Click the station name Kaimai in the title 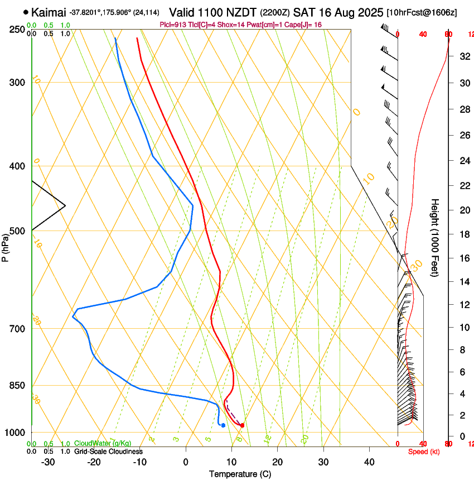(x=49, y=12)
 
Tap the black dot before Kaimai (x=26, y=12)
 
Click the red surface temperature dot (x=242, y=425)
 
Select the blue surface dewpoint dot (x=223, y=425)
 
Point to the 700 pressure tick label (x=17, y=329)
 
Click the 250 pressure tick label (x=17, y=30)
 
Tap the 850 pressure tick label (x=17, y=386)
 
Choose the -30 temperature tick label (x=48, y=462)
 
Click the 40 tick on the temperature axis (x=369, y=462)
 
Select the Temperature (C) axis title (x=240, y=474)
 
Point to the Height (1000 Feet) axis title (x=435, y=238)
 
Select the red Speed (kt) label (x=423, y=452)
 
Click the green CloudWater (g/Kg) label (x=103, y=443)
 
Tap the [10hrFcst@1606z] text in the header (x=422, y=12)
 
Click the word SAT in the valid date (x=304, y=12)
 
